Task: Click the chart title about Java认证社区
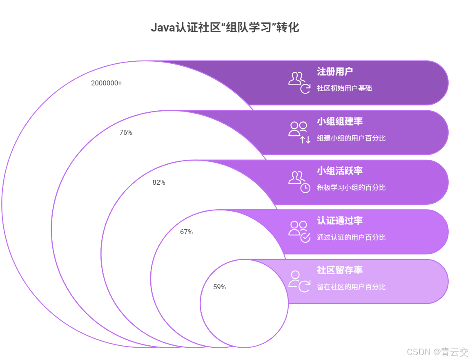pos(225,28)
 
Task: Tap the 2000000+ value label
pos(106,83)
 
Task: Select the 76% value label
pos(126,133)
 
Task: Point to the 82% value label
pos(159,183)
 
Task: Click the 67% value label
pos(186,232)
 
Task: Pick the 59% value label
pos(219,287)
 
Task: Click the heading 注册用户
pos(335,72)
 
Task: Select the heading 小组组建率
pos(340,122)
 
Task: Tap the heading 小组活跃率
pos(340,171)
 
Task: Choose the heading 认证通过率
pos(340,221)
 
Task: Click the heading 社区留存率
pos(340,271)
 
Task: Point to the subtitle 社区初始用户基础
pos(344,88)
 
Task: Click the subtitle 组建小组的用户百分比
pos(351,138)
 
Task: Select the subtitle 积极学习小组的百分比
pos(351,188)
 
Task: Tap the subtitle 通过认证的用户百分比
pos(351,237)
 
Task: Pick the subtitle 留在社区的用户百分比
pos(351,287)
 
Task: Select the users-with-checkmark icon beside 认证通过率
pos(299,231)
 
